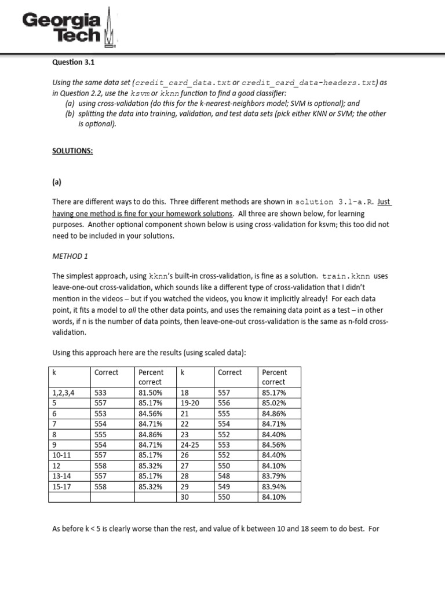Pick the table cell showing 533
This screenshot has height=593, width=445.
100,392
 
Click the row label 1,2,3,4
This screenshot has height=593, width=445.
63,392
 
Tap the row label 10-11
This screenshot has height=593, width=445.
61,455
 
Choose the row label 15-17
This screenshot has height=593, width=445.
61,486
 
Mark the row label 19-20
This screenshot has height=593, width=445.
189,402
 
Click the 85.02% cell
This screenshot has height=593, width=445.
273,402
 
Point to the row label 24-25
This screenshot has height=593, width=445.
189,444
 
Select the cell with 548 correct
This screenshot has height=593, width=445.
224,475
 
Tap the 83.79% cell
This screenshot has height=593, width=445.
273,475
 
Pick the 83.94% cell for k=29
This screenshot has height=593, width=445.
273,486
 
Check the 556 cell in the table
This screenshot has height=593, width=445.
224,402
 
